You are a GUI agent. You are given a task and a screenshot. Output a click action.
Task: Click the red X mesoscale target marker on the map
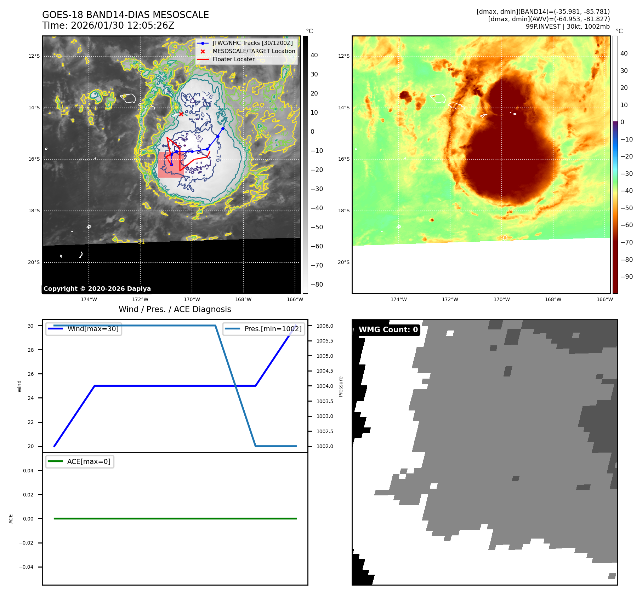[x=181, y=114]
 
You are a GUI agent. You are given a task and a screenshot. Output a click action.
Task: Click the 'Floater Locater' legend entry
[x=233, y=59]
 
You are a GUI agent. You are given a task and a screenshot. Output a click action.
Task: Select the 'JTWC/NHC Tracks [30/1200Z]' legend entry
[x=252, y=43]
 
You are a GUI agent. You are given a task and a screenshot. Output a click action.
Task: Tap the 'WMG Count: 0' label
[x=388, y=330]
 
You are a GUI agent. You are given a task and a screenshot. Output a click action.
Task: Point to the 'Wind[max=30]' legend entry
[x=93, y=329]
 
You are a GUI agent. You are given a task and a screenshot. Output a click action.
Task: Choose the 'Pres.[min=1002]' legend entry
[x=273, y=329]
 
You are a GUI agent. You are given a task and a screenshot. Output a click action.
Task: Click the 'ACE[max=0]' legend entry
[x=89, y=462]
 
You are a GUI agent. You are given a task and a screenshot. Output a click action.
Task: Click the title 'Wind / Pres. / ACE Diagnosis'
[x=175, y=310]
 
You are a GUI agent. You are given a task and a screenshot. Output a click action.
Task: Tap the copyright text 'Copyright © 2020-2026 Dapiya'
[x=97, y=289]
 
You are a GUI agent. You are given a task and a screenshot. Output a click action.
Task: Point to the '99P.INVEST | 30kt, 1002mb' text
[x=568, y=27]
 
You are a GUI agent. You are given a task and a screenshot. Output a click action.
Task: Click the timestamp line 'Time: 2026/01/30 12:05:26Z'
[x=108, y=26]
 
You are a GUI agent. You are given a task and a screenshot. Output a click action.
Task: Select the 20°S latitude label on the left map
[x=34, y=263]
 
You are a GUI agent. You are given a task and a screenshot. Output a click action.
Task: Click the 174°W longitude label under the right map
[x=398, y=300]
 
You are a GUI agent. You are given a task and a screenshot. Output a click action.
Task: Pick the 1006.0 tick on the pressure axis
[x=325, y=326]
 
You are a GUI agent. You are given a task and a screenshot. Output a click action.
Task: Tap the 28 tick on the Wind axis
[x=31, y=350]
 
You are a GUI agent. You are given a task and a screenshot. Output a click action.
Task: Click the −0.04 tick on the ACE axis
[x=26, y=567]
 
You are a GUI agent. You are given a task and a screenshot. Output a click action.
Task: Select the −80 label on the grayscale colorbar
[x=317, y=284]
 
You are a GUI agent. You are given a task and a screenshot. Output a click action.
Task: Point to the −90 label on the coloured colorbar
[x=626, y=277]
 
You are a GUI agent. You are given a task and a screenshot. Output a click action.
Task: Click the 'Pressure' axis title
[x=341, y=386]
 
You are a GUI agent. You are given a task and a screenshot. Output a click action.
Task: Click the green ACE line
[x=175, y=519]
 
